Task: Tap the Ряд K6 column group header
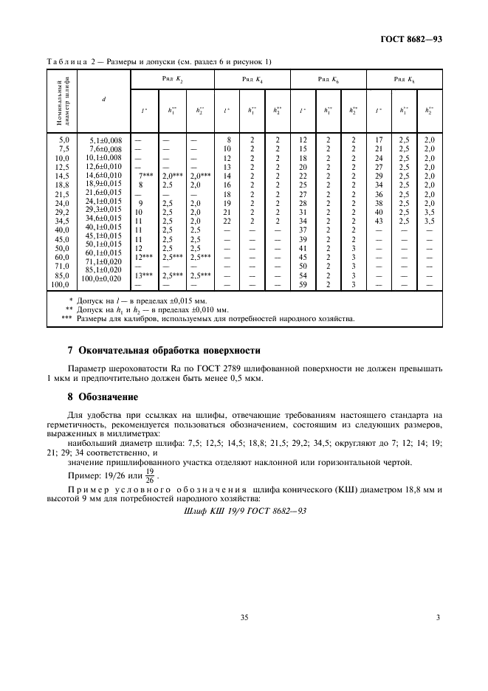(329, 78)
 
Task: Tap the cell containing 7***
(146, 176)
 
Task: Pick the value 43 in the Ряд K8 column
(379, 221)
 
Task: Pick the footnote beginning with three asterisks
(199, 320)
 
